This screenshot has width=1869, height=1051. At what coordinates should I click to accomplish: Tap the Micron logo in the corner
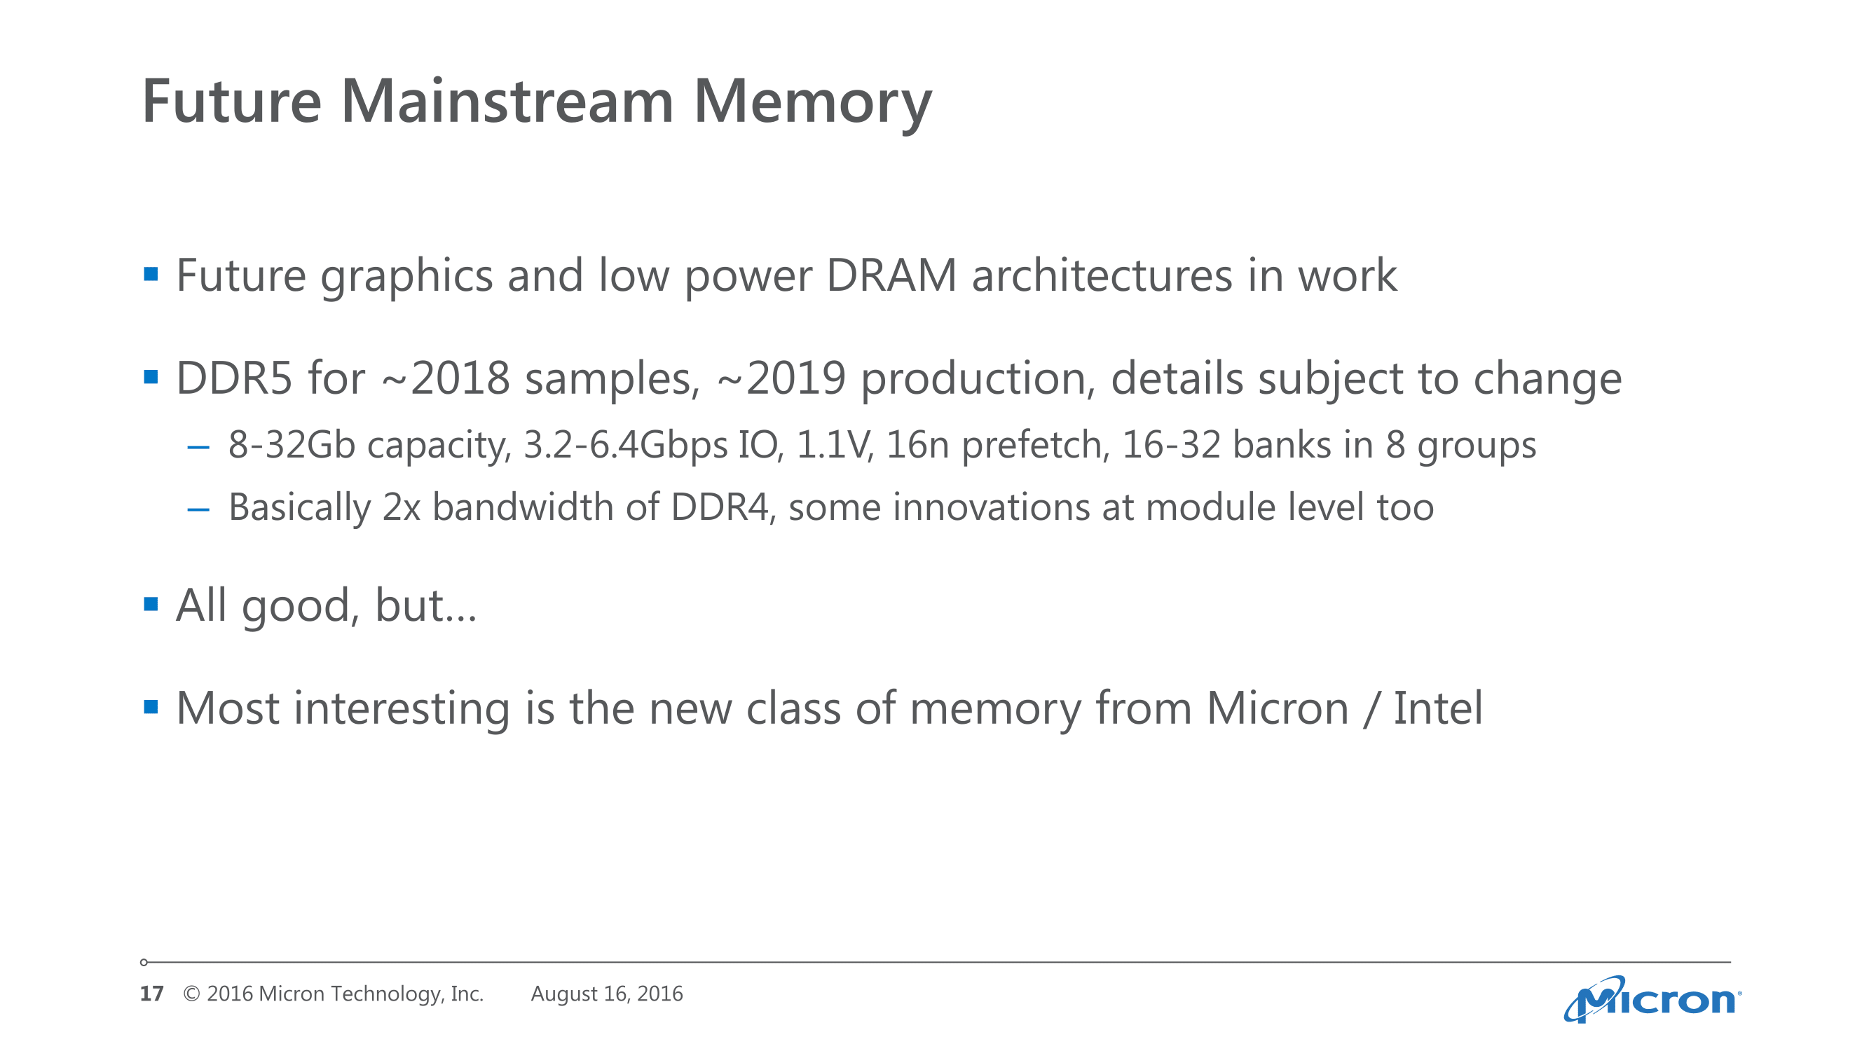point(1652,1000)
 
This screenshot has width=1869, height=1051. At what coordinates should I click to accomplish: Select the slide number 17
point(151,993)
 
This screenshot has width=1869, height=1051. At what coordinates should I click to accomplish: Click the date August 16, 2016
point(607,994)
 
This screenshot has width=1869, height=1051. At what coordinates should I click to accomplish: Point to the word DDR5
point(234,378)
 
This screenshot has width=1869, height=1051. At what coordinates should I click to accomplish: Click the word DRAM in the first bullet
point(891,275)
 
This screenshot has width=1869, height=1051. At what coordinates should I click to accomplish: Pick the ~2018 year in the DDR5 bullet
point(446,378)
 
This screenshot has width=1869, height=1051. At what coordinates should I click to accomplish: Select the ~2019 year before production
point(781,378)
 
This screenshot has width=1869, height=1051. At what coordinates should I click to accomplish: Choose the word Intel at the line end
point(1438,708)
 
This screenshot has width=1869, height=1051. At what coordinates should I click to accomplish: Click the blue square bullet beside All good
point(151,603)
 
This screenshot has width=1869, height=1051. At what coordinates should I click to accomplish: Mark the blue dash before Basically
point(198,510)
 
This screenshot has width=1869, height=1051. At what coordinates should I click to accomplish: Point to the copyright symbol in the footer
point(191,994)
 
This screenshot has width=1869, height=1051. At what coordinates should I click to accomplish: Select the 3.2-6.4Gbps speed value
point(624,446)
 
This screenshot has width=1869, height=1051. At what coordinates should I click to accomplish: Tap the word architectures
point(1102,275)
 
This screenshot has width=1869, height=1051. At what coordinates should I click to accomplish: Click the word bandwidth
point(522,507)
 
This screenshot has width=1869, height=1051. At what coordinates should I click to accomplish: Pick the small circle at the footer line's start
point(144,963)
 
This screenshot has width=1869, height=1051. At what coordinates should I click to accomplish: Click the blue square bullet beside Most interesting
point(151,706)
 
